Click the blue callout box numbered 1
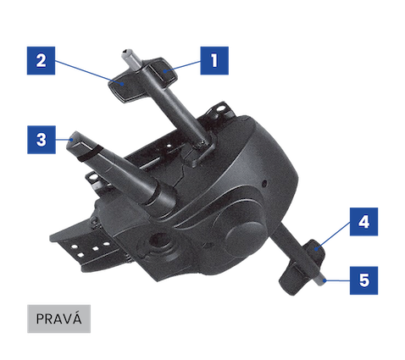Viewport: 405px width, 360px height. pyautogui.click(x=214, y=61)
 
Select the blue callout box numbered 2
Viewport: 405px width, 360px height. pyautogui.click(x=41, y=61)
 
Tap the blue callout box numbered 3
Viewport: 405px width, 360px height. pyautogui.click(x=42, y=140)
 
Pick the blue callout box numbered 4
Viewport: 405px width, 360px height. pyautogui.click(x=363, y=222)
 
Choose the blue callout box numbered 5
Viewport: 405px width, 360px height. pyautogui.click(x=363, y=280)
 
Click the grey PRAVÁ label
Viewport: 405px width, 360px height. pyautogui.click(x=58, y=318)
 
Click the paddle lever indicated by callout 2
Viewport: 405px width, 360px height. pyautogui.click(x=124, y=87)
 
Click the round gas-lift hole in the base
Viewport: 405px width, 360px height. pyautogui.click(x=158, y=241)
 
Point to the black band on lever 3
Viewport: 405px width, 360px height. pyautogui.click(x=89, y=153)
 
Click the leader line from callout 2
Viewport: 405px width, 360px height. pyautogui.click(x=89, y=72)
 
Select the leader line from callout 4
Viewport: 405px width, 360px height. pyautogui.click(x=334, y=235)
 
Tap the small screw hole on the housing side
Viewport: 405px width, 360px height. pyautogui.click(x=264, y=184)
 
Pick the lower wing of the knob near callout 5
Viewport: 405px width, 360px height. pyautogui.click(x=291, y=280)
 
